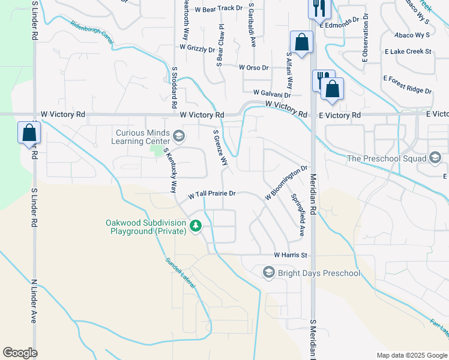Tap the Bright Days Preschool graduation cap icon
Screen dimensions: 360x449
point(269,273)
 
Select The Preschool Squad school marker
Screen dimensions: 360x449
point(435,158)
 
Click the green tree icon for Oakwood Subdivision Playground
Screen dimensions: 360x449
point(195,226)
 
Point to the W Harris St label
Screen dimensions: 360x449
point(291,255)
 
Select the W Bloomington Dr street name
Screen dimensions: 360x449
point(286,183)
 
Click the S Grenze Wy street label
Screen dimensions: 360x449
point(221,148)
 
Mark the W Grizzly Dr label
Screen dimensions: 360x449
point(197,48)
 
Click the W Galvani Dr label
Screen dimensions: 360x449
point(271,94)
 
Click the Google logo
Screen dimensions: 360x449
point(20,353)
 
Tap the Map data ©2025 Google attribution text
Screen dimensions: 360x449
point(412,355)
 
